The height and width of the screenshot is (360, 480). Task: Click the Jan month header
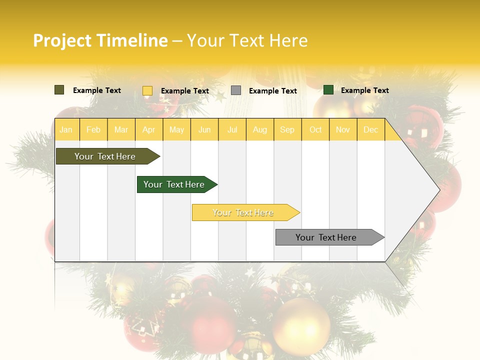66,130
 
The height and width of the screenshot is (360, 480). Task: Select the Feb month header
93,130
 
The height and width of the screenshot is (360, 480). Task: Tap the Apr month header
149,130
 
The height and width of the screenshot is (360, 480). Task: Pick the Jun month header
204,130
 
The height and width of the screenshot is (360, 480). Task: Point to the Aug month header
260,130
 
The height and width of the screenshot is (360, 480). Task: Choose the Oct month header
315,130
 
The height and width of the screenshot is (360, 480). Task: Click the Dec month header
371,130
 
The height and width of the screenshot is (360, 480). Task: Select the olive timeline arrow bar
105,156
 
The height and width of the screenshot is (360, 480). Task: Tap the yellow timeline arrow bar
243,212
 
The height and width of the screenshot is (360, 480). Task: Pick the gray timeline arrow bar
326,237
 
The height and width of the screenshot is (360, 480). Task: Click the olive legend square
59,90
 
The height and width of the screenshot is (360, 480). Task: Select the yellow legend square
147,90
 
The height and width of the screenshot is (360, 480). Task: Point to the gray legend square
236,90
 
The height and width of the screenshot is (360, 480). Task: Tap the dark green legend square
328,90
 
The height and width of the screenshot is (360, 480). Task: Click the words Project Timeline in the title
100,40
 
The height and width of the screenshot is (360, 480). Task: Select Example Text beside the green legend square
364,90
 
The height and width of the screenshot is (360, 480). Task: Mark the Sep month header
287,130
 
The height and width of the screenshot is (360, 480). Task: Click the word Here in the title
288,40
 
